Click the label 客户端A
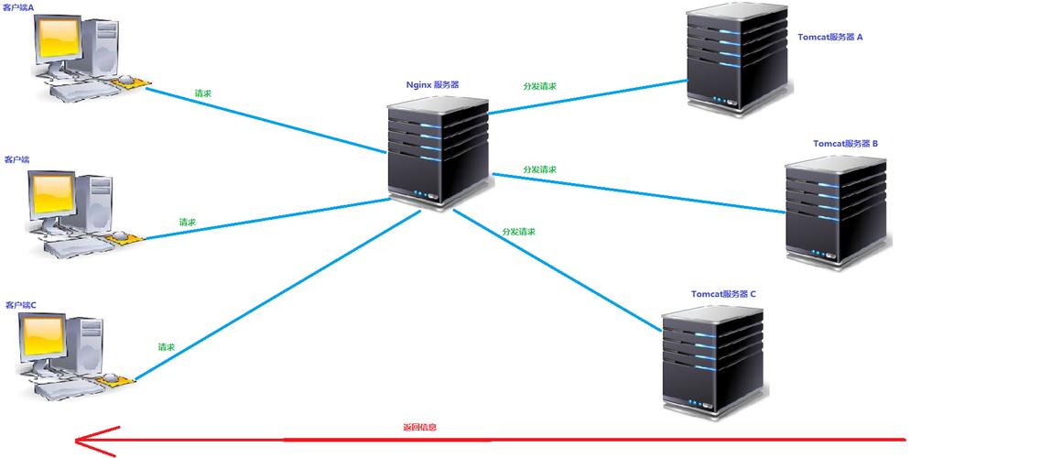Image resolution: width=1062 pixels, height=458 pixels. point(18,7)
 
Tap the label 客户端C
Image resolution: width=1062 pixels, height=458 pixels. point(20,304)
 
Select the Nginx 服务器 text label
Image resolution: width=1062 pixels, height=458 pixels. point(433,84)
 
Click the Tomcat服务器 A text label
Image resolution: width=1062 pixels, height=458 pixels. point(830,38)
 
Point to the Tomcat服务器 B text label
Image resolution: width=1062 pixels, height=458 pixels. point(845,144)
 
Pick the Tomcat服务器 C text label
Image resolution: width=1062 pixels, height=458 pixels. point(723,294)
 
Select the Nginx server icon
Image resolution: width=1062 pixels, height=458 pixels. point(439,151)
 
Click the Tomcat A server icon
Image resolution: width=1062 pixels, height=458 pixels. point(737,57)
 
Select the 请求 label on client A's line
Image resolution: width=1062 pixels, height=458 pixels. point(204,93)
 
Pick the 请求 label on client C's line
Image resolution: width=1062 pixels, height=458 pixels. point(166,347)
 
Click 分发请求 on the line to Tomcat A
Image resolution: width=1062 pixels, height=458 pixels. point(539,86)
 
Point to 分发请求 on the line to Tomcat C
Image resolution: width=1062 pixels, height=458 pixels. point(518,232)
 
